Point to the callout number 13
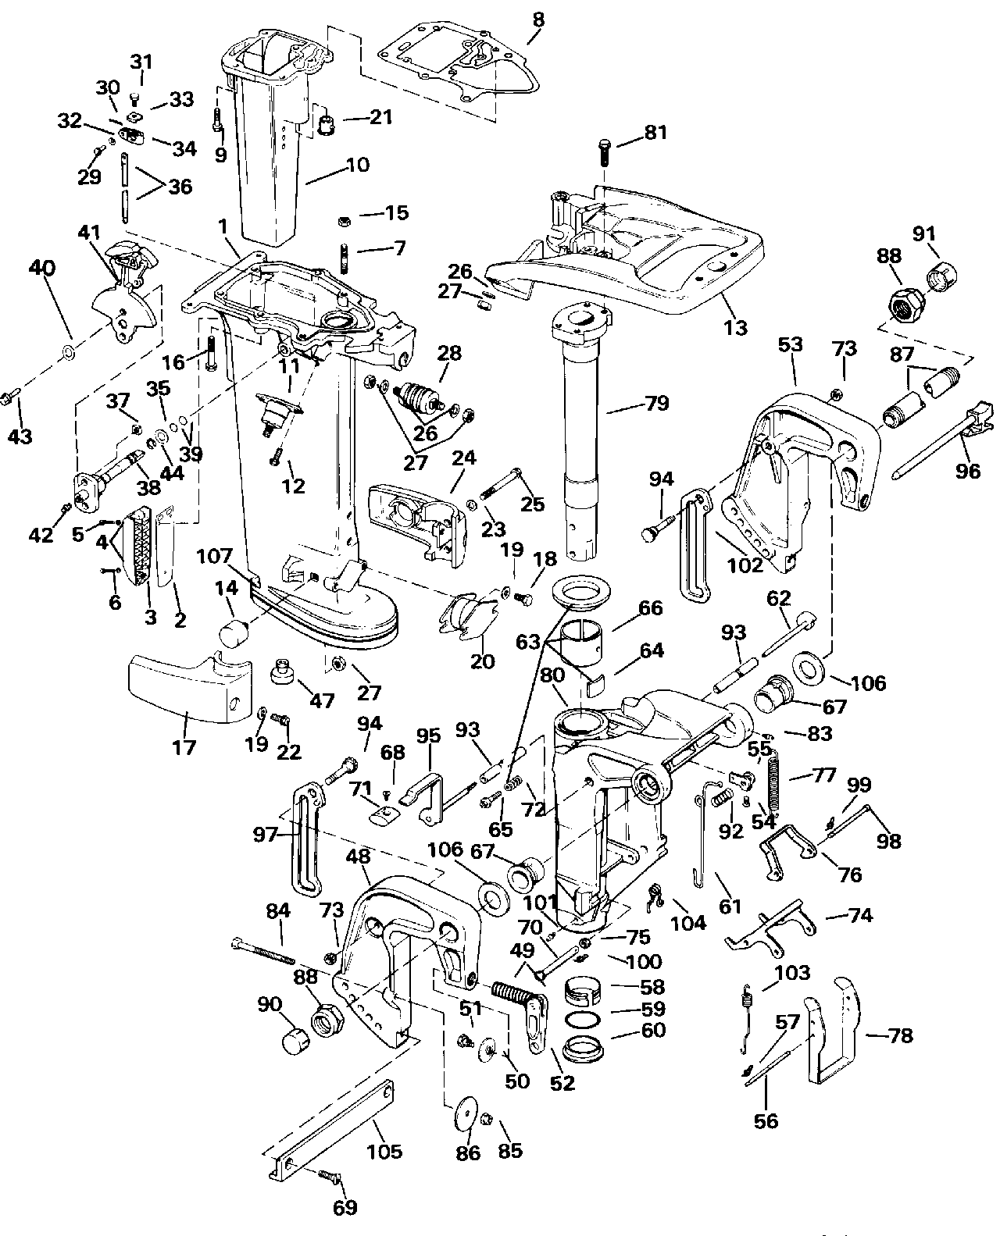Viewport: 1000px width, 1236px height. coord(734,327)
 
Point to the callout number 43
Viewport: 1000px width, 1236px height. coord(20,435)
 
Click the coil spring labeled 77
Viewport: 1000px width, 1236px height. coord(773,785)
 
